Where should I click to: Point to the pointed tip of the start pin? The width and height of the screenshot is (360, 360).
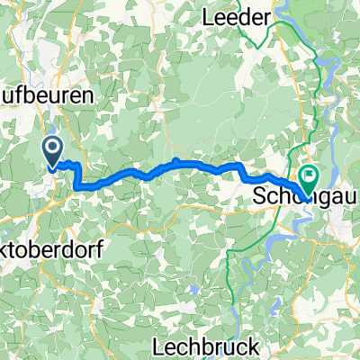[54, 166]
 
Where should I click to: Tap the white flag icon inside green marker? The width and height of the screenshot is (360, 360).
[309, 176]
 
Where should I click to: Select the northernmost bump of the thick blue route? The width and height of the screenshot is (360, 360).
[177, 161]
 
